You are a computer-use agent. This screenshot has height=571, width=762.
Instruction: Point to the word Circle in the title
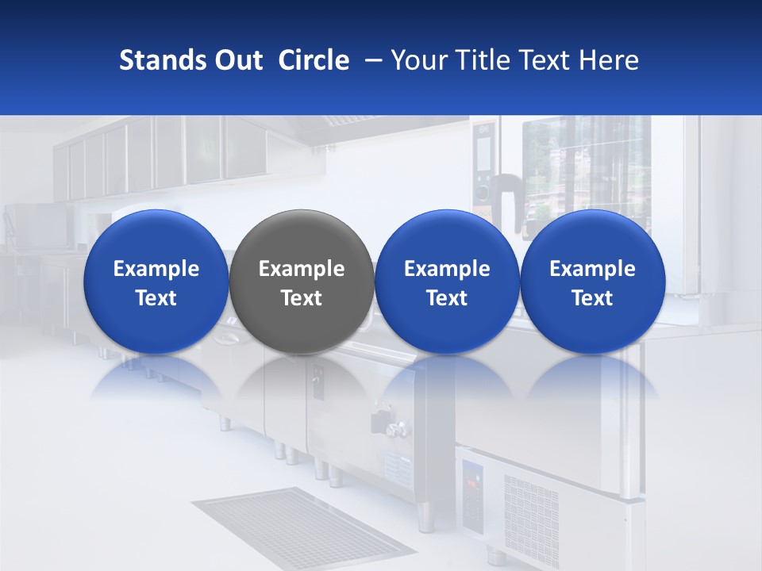314,60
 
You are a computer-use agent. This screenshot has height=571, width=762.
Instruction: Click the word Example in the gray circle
302,269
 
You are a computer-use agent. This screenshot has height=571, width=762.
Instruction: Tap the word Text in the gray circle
302,298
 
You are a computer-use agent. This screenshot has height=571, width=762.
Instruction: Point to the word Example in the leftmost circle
156,269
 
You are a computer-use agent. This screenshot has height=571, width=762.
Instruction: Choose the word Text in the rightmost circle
592,298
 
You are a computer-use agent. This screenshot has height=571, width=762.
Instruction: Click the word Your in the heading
417,60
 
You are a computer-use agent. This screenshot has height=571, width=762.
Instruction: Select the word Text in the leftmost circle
156,298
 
